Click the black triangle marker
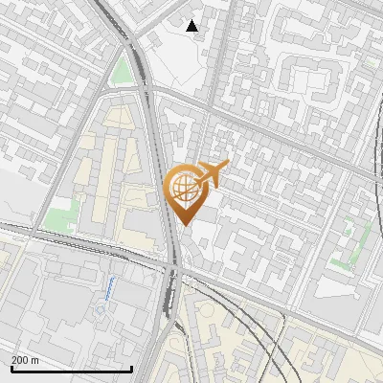click(x=192, y=26)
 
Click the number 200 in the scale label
click(x=21, y=360)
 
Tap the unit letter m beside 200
click(x=35, y=360)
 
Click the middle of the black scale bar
click(x=71, y=369)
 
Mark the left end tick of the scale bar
click(x=11, y=368)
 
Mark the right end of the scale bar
click(x=131, y=368)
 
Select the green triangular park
click(x=120, y=71)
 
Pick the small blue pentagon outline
click(x=101, y=311)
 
